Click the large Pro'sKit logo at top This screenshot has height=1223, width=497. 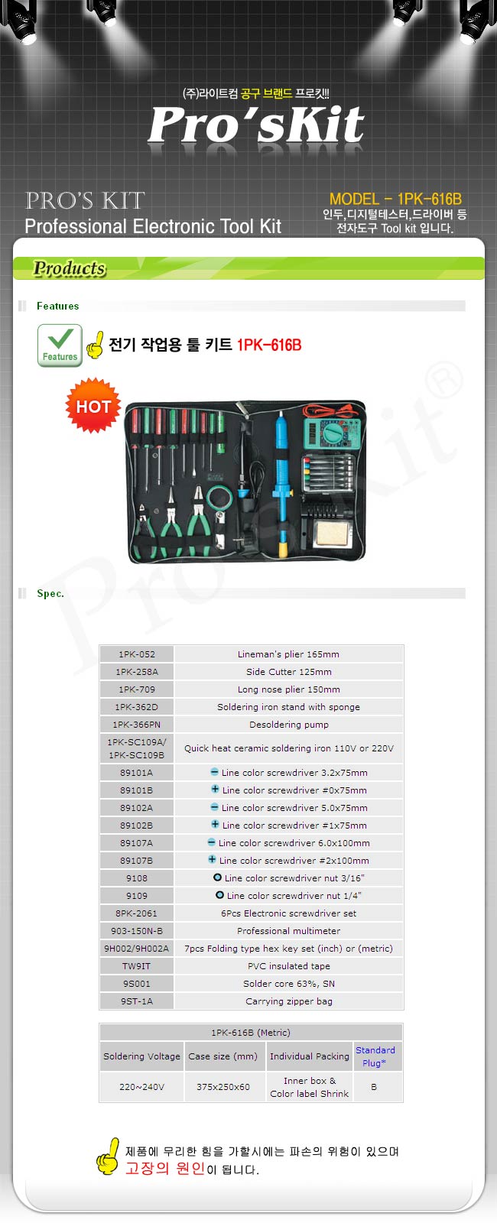tap(256, 125)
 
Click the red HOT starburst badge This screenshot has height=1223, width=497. tap(93, 406)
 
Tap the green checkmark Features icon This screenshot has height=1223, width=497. tap(60, 345)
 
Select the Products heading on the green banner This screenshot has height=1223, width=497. tap(69, 268)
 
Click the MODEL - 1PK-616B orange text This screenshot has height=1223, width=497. tap(395, 199)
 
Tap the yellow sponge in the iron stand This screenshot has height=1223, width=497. tap(331, 533)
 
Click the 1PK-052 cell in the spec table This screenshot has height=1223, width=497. tap(137, 654)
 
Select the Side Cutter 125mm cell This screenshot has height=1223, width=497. tap(288, 672)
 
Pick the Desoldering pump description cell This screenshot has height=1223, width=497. tap(288, 725)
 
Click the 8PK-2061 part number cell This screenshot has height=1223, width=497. tap(137, 913)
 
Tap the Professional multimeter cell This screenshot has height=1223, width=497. tap(288, 931)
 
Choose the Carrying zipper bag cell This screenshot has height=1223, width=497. tap(288, 1001)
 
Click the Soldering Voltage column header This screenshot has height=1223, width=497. tap(141, 1056)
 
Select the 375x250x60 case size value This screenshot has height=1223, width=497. tap(223, 1087)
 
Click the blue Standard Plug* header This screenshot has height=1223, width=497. tap(375, 1056)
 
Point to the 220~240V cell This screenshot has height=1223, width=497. tap(141, 1087)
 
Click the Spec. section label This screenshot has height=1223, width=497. tap(50, 594)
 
